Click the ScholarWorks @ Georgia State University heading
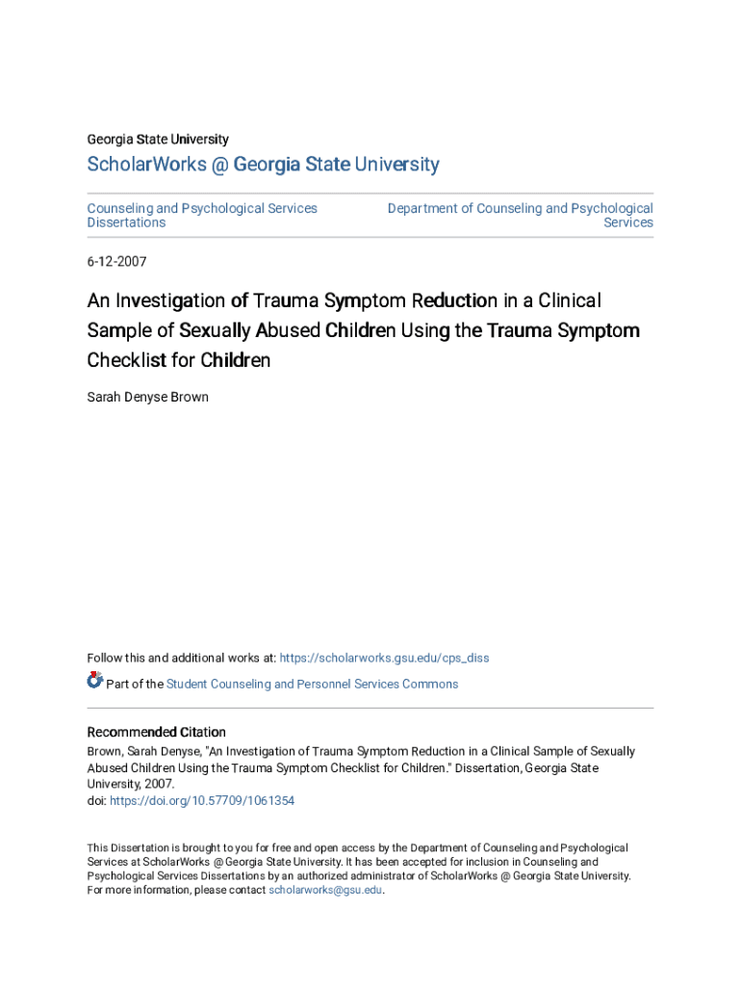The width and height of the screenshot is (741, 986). coord(263,165)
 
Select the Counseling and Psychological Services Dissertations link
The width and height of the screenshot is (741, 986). coord(202,215)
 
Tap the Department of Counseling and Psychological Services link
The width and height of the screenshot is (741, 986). coord(520,215)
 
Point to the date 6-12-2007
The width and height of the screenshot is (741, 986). coord(116,261)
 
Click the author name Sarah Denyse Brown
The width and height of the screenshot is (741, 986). coord(147,397)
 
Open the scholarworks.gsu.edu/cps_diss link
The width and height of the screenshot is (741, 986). coord(384,658)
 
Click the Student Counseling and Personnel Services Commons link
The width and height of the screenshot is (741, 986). coord(312,684)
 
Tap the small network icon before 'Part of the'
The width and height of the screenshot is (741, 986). coord(94,681)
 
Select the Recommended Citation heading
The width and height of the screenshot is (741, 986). coord(157,732)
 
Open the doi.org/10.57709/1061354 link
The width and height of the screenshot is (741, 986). coord(202,800)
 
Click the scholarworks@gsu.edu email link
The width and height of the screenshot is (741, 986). coord(325,891)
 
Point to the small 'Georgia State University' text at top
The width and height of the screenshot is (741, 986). coord(158,140)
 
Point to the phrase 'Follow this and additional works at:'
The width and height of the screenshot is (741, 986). coord(181,658)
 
